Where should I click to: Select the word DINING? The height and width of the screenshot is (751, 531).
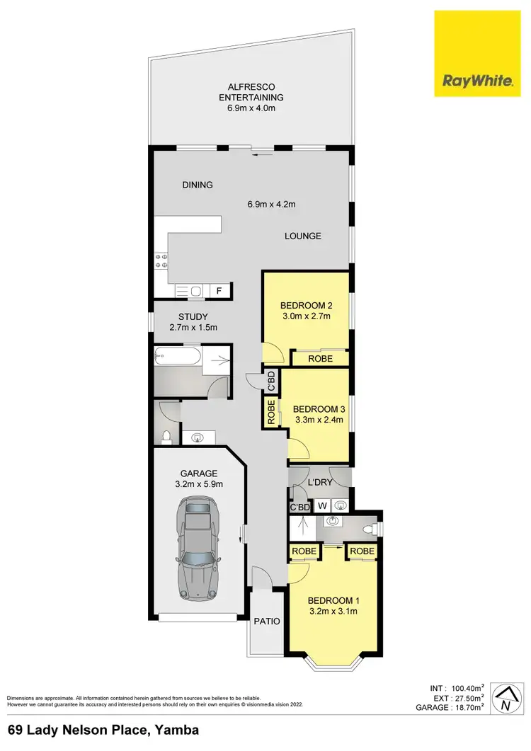tap(198, 185)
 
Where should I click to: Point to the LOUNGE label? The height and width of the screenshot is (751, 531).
tap(304, 236)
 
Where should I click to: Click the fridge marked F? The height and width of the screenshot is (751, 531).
tap(219, 290)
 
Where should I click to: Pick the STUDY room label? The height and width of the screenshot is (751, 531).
tap(193, 316)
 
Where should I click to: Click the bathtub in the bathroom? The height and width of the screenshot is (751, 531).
tap(177, 357)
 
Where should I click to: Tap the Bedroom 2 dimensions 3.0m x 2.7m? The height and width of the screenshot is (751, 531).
tap(306, 316)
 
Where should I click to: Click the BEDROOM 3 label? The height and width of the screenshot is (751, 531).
tap(318, 409)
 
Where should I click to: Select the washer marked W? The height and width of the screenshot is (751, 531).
tap(322, 505)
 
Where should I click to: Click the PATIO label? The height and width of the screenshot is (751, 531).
tap(267, 621)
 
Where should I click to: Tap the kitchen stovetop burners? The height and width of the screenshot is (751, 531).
tap(160, 259)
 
